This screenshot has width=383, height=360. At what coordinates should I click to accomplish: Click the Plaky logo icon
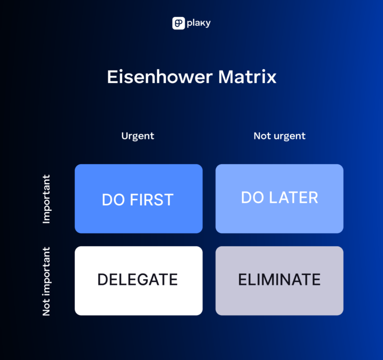coord(179,23)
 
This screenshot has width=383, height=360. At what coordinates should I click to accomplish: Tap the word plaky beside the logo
coord(199,23)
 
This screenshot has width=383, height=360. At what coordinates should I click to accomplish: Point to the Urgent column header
coord(138,136)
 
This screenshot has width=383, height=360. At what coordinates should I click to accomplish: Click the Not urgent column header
coord(279,136)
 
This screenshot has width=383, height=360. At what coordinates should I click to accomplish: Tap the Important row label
coord(47,199)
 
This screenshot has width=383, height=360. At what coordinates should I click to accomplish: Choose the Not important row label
coord(47,281)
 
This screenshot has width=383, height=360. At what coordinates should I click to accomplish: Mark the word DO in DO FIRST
coord(113,200)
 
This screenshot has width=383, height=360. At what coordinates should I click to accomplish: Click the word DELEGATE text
coord(138,280)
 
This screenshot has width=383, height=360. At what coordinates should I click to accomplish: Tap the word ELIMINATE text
coord(279,280)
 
